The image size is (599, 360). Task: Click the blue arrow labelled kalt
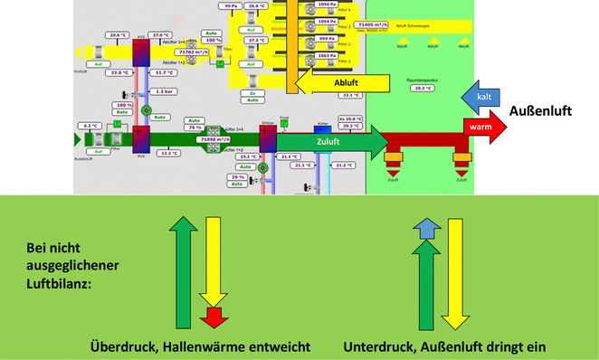(x=481, y=95)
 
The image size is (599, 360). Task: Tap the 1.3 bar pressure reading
(x=164, y=91)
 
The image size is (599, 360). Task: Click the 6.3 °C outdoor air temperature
(x=90, y=126)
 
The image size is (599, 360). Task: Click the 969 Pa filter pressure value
(x=328, y=39)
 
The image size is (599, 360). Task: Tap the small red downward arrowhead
(x=214, y=317)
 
